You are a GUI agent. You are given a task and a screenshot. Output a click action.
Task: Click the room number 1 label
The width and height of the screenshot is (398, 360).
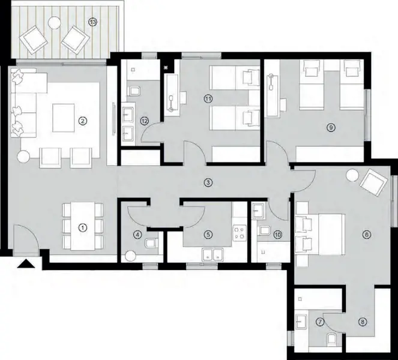coord(83,227)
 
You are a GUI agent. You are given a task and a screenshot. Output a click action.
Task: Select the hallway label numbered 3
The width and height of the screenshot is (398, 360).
coord(207,182)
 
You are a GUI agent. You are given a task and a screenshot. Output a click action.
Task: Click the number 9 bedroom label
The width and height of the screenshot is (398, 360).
coord(330,127)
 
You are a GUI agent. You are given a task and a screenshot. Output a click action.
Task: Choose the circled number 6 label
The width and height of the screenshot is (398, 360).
coord(367,235)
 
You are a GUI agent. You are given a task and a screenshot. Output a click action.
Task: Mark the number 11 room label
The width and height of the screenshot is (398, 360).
coord(208,98)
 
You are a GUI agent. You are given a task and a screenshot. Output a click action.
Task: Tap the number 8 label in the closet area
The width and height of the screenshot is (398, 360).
coord(362,322)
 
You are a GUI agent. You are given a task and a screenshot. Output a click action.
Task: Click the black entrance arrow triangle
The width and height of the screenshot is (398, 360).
coord(26,264)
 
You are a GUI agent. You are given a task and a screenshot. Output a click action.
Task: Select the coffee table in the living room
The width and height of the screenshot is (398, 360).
coord(64,118)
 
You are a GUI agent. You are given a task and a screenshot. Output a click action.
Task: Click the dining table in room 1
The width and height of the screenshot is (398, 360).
coord(83,227)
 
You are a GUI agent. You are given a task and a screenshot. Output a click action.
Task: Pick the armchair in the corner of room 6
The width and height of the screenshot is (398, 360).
coord(373,182)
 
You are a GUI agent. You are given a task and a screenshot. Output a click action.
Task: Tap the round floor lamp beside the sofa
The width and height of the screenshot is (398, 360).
coord(23,157)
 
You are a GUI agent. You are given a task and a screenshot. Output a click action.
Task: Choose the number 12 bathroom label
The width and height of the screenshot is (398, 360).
coord(144,121)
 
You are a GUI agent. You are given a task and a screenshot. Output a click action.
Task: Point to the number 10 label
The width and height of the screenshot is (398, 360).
coord(277,235)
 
